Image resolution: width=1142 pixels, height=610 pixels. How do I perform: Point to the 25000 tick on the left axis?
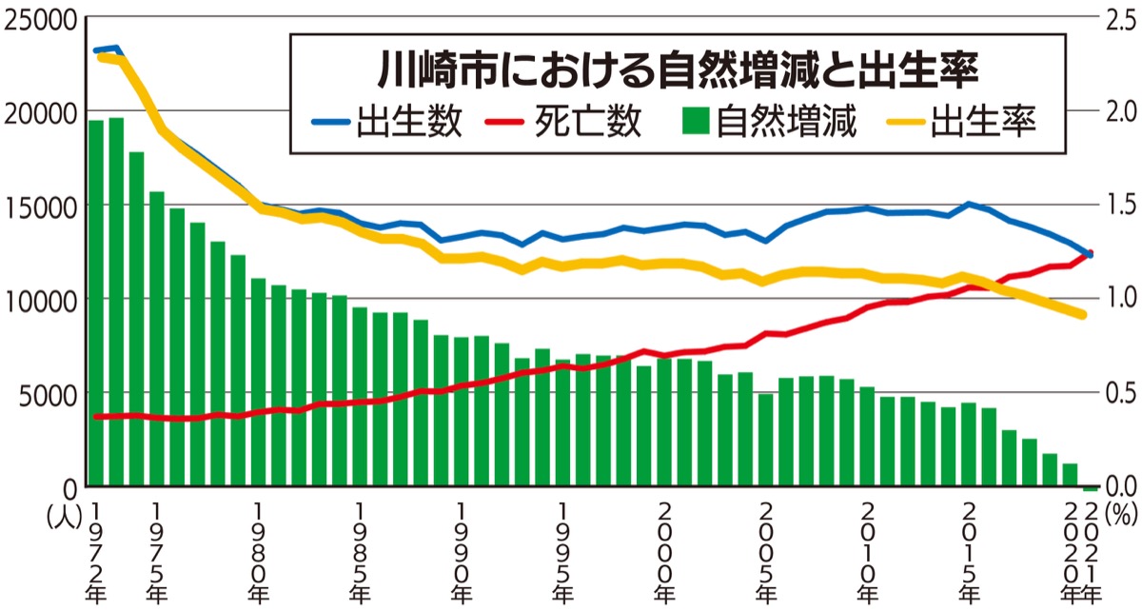pyautogui.click(x=40, y=19)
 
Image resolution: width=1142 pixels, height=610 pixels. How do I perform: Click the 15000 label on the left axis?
pyautogui.click(x=40, y=206)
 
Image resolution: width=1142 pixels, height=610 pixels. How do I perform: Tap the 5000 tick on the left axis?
pyautogui.click(x=46, y=393)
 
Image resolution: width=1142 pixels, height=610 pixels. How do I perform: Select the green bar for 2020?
pyautogui.click(x=1070, y=475)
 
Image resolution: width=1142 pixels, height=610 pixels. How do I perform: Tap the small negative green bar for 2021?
pyautogui.click(x=1091, y=488)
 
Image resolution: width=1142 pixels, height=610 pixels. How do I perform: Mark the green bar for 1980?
pyautogui.click(x=258, y=382)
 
